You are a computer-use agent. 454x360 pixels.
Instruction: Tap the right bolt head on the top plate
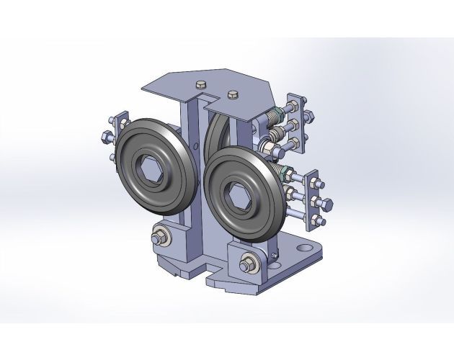(232, 94)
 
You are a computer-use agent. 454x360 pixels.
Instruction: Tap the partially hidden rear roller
(214, 133)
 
